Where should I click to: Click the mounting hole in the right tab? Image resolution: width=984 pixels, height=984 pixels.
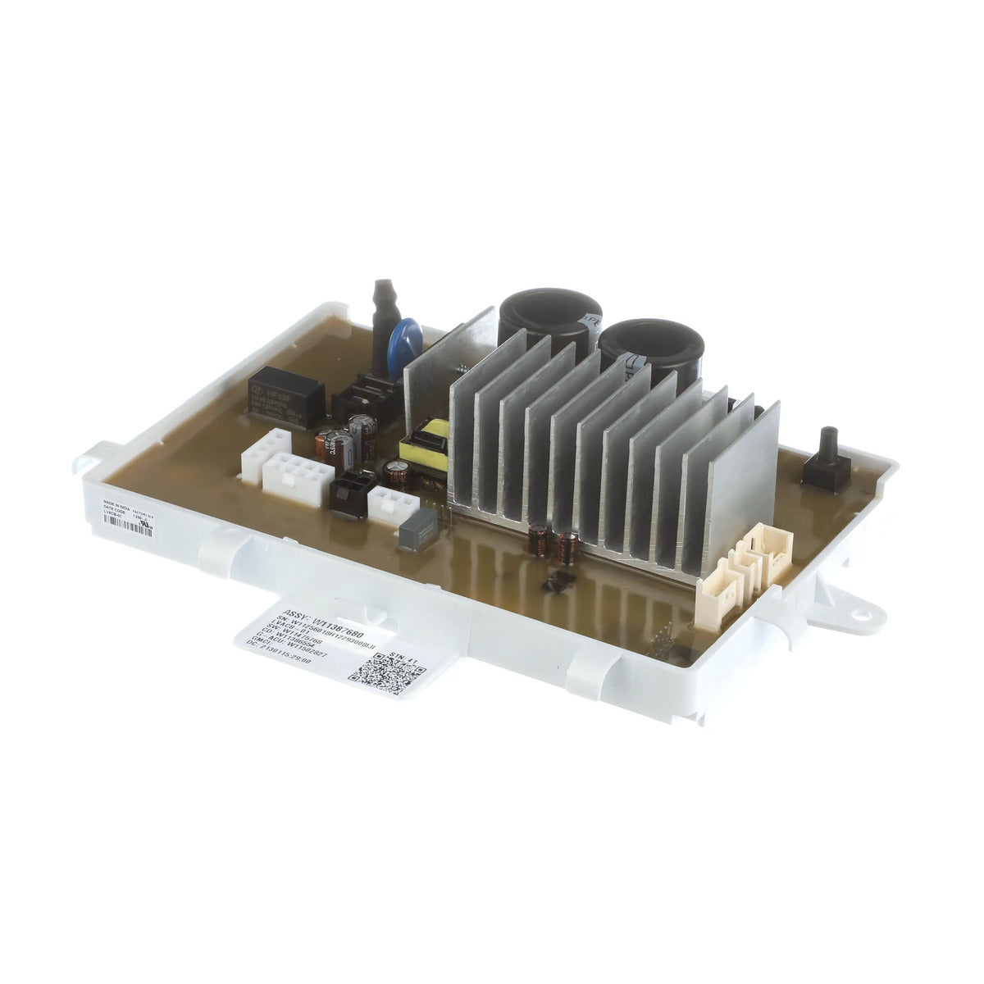pyautogui.click(x=862, y=608)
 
